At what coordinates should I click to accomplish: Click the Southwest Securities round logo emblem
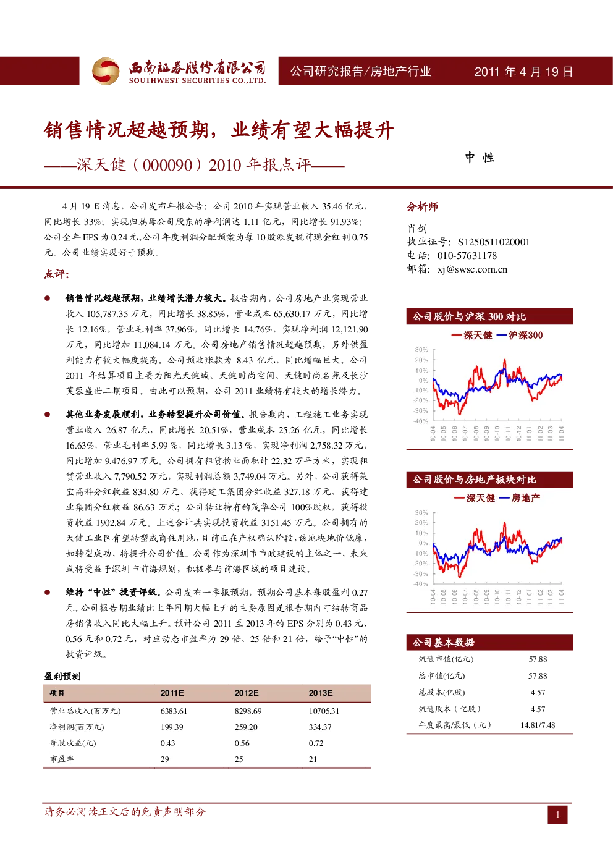point(105,71)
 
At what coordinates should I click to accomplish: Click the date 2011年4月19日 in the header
point(523,72)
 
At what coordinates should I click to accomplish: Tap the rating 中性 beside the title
point(480,158)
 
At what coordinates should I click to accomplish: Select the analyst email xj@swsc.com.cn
point(472,269)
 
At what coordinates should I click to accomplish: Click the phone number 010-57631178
point(467,255)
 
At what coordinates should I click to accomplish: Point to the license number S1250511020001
point(493,242)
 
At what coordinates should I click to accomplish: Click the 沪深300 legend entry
point(520,335)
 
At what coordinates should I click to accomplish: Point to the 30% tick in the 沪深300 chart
point(421,350)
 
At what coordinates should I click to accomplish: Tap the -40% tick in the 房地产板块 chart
point(421,584)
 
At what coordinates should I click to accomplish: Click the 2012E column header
point(246,693)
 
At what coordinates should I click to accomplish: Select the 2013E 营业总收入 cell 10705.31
point(324,711)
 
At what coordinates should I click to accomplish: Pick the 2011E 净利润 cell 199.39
point(172,727)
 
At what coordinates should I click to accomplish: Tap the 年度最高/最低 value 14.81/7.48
point(538,725)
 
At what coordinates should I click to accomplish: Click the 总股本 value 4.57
point(538,692)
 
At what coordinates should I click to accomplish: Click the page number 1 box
point(557,814)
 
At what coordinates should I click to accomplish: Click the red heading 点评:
point(56,274)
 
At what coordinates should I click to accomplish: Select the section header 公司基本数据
point(443,642)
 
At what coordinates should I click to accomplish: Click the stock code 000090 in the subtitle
point(167,165)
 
